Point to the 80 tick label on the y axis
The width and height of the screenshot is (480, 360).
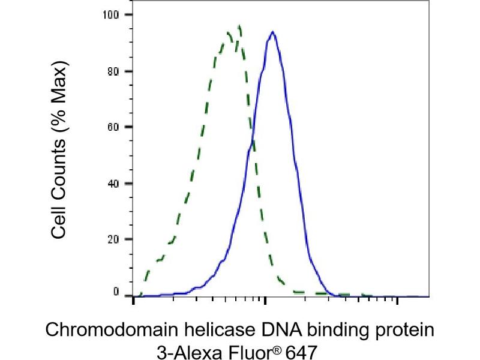pos(112,71)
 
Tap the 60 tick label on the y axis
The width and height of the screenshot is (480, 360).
pos(112,127)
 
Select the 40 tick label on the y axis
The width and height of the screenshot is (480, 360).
pos(112,183)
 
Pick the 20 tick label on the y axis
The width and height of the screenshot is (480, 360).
pos(112,239)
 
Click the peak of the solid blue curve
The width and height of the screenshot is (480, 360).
pos(273,32)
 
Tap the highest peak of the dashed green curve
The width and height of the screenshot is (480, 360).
pos(239,26)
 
